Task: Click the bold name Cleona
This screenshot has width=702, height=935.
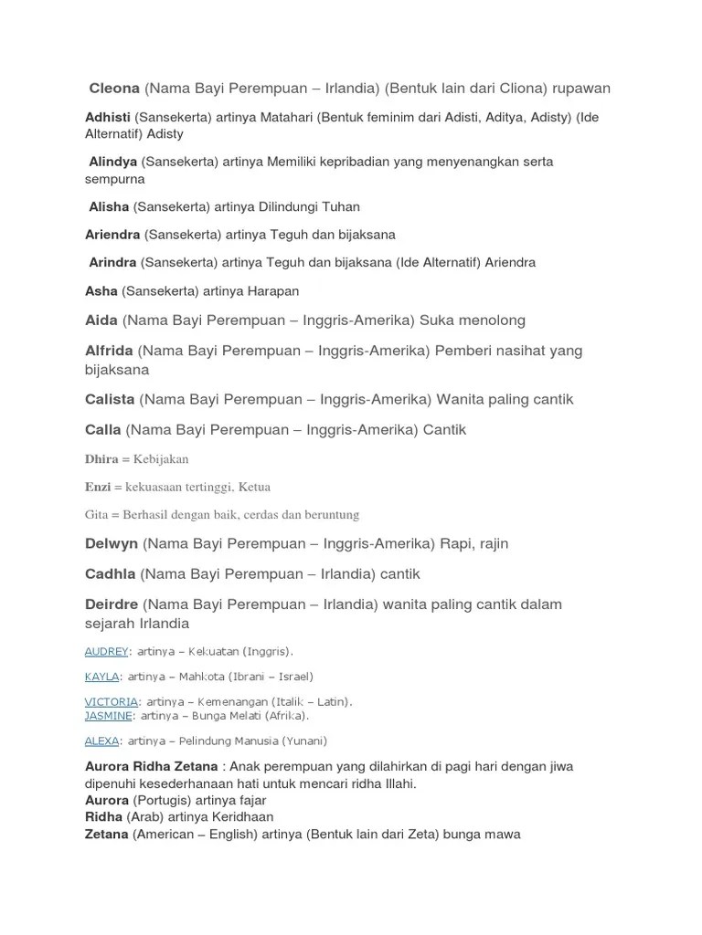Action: pyautogui.click(x=114, y=89)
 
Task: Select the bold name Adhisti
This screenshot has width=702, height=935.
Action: pyautogui.click(x=108, y=118)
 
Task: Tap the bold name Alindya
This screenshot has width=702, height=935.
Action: pyautogui.click(x=113, y=162)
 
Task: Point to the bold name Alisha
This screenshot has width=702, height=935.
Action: pyautogui.click(x=109, y=207)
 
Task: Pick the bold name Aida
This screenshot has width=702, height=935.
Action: pyautogui.click(x=101, y=320)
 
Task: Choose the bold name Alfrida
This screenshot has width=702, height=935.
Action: pyautogui.click(x=110, y=351)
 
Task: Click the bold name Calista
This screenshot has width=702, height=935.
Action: pyautogui.click(x=110, y=400)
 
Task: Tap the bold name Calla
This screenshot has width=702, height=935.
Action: pyautogui.click(x=103, y=430)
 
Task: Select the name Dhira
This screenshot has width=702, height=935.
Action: pyautogui.click(x=101, y=459)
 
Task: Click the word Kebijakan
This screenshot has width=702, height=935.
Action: pyautogui.click(x=161, y=459)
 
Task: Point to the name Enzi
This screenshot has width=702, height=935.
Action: pyautogui.click(x=98, y=488)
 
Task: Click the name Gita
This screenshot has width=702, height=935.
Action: pyautogui.click(x=97, y=515)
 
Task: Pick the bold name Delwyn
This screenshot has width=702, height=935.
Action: pyautogui.click(x=112, y=544)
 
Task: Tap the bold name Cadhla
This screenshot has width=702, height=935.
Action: pyautogui.click(x=111, y=574)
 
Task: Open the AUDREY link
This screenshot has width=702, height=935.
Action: pyautogui.click(x=106, y=652)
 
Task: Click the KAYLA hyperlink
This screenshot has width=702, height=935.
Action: pyautogui.click(x=102, y=677)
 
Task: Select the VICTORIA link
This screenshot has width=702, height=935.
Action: pyautogui.click(x=112, y=702)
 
